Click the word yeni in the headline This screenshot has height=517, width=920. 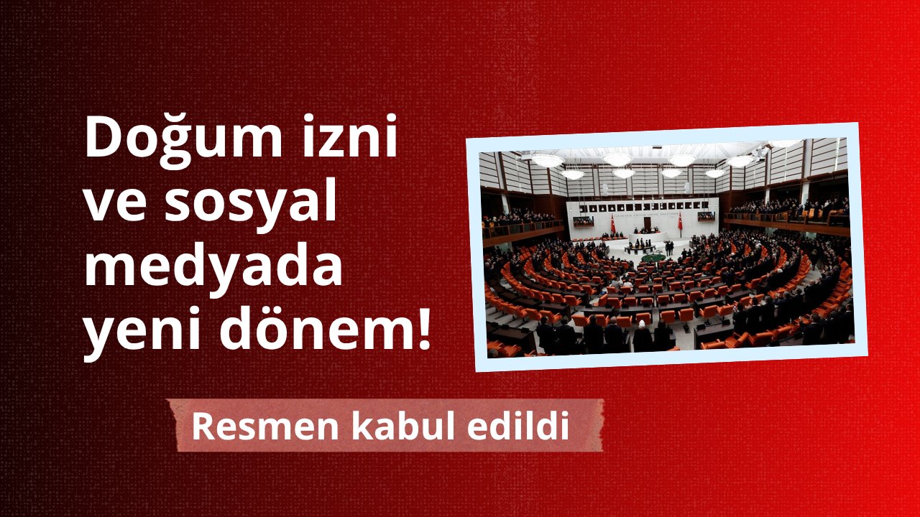tap(142, 333)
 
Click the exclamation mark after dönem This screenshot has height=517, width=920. tap(422, 327)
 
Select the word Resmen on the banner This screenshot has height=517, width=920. tap(265, 427)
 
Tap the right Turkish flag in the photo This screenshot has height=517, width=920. tap(680, 222)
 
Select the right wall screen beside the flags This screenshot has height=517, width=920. tap(707, 216)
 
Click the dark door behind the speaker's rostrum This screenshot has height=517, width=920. tap(648, 224)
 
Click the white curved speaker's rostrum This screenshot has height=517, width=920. tap(648, 237)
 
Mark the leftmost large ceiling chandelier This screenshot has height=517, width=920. tap(547, 160)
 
